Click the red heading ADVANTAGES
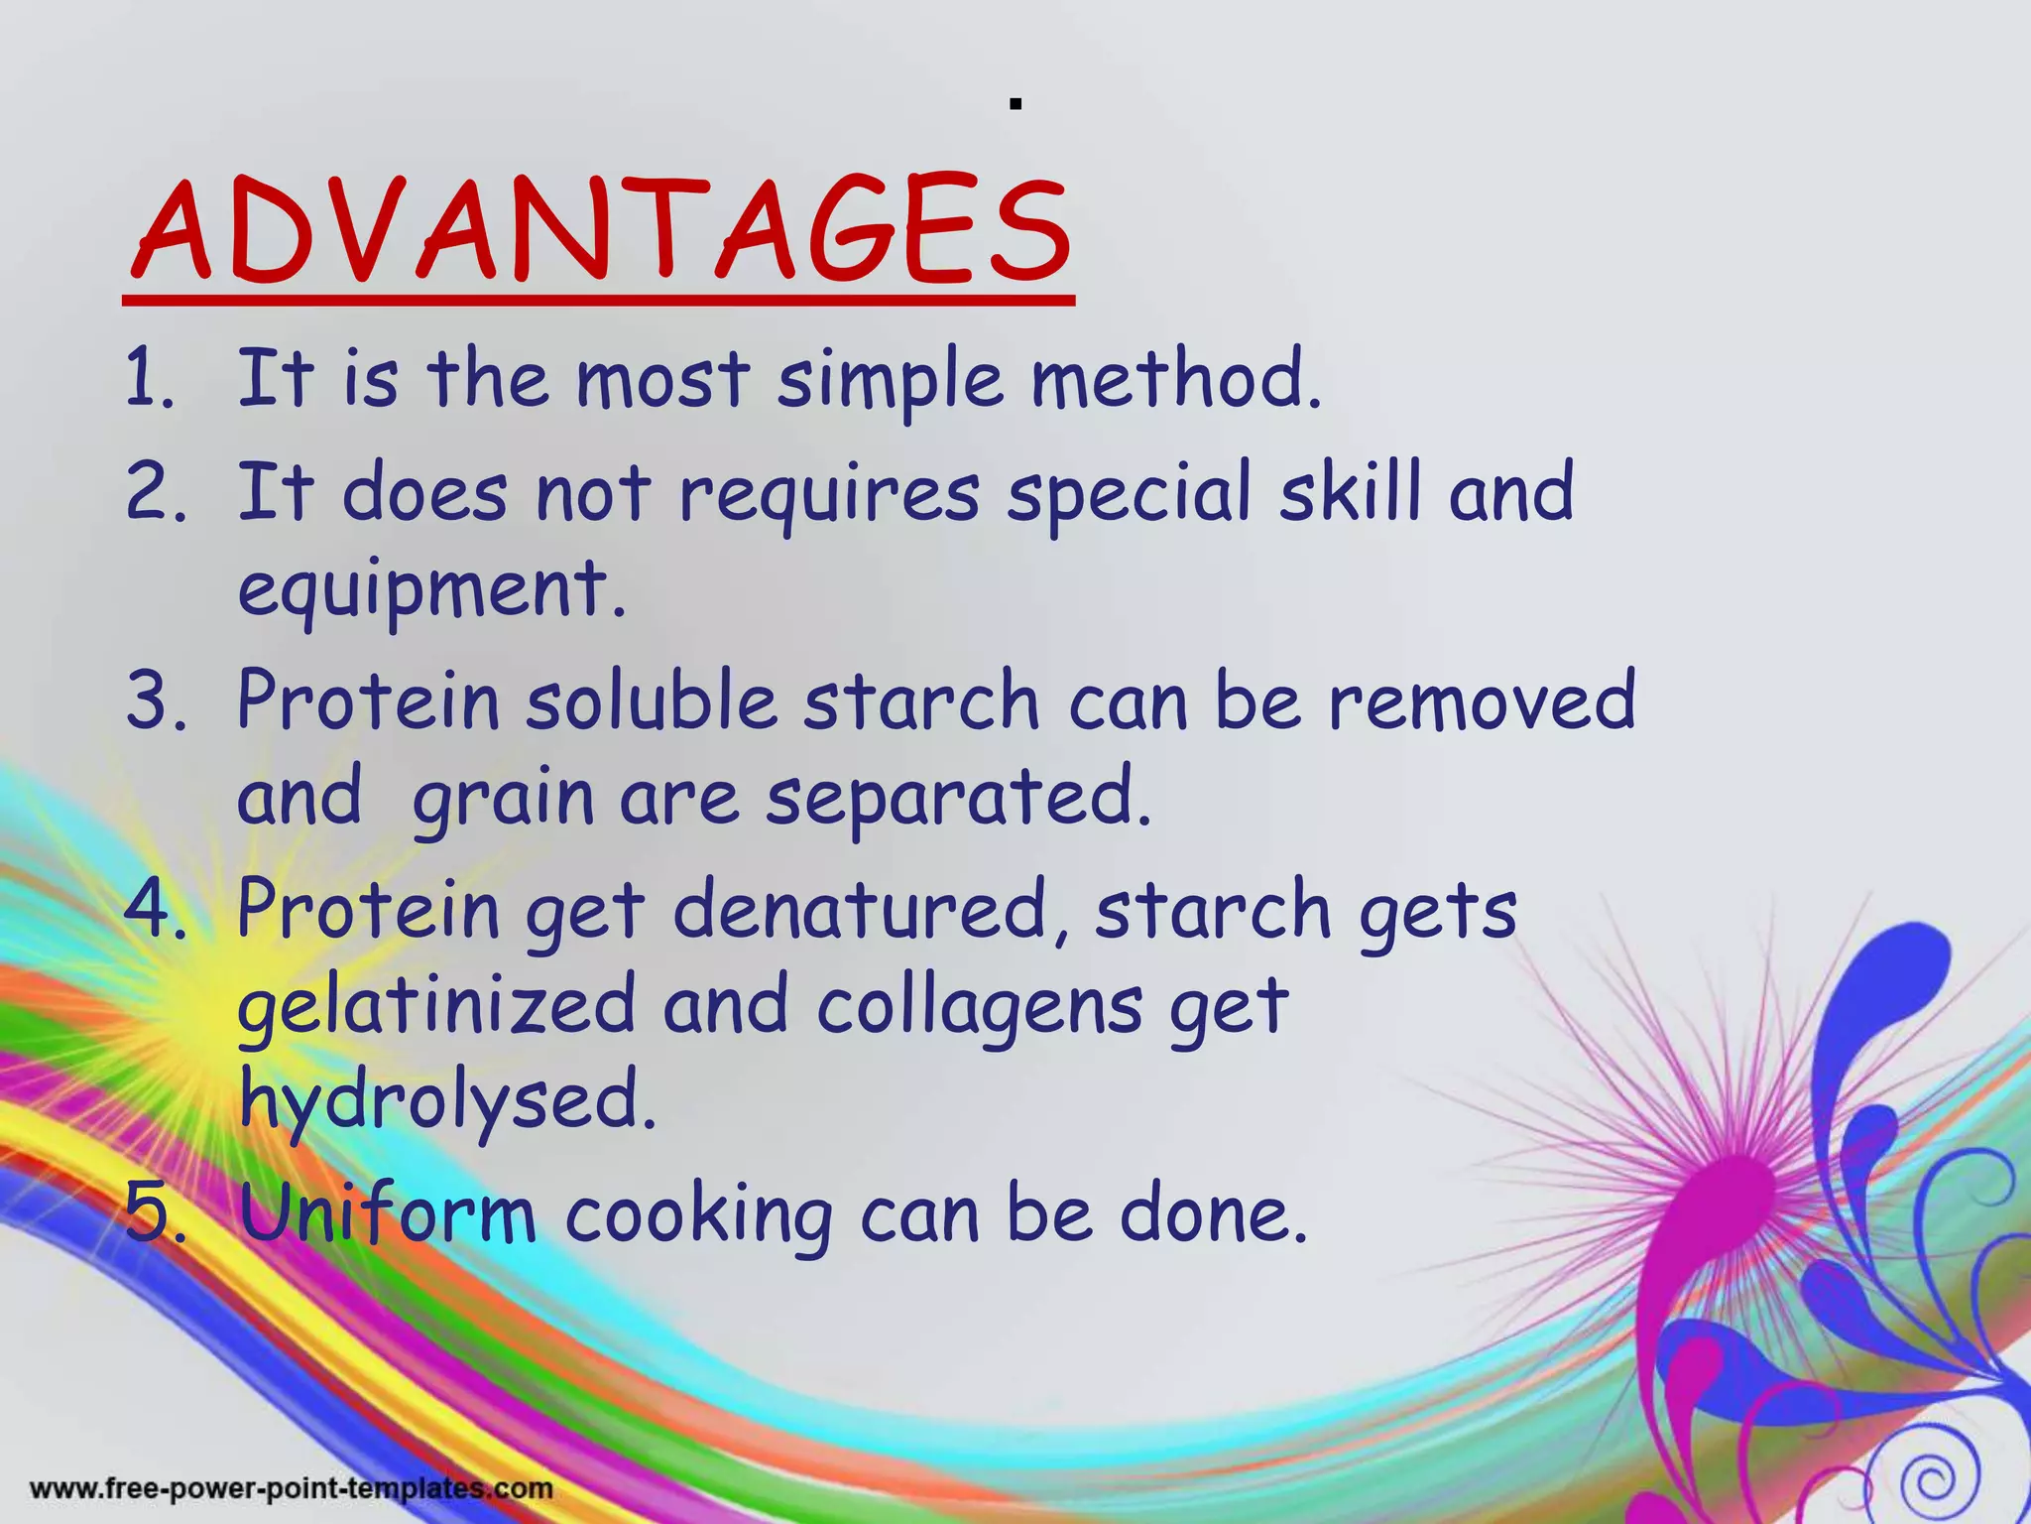pyautogui.click(x=600, y=230)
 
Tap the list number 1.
pyautogui.click(x=149, y=380)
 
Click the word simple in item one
pyautogui.click(x=890, y=382)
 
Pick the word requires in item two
pyautogui.click(x=829, y=494)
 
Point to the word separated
pyautogui.click(x=957, y=800)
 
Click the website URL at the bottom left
pyautogui.click(x=292, y=1488)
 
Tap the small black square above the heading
pyautogui.click(x=1015, y=103)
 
